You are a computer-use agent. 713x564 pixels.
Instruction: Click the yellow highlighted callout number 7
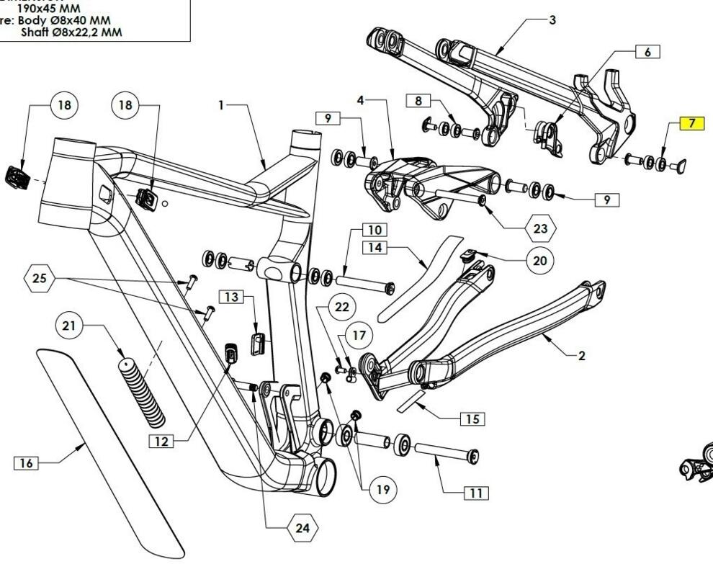point(691,123)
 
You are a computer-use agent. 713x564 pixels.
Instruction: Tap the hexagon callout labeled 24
point(302,528)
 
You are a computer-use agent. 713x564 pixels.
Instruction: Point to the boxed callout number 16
point(26,463)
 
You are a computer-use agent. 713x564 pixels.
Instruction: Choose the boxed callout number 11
point(475,493)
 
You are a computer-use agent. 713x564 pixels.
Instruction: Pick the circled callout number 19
point(382,490)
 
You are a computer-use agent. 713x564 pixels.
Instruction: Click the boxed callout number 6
point(647,52)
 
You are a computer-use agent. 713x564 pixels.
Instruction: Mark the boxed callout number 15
point(471,418)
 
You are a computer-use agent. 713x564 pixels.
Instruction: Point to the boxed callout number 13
point(231,296)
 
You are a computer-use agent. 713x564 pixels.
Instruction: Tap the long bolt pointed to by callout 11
point(447,455)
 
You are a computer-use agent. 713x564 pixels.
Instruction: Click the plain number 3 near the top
point(552,20)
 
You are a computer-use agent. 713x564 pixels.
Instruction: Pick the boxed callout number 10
point(375,230)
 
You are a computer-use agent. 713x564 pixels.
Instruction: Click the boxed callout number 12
point(163,441)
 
